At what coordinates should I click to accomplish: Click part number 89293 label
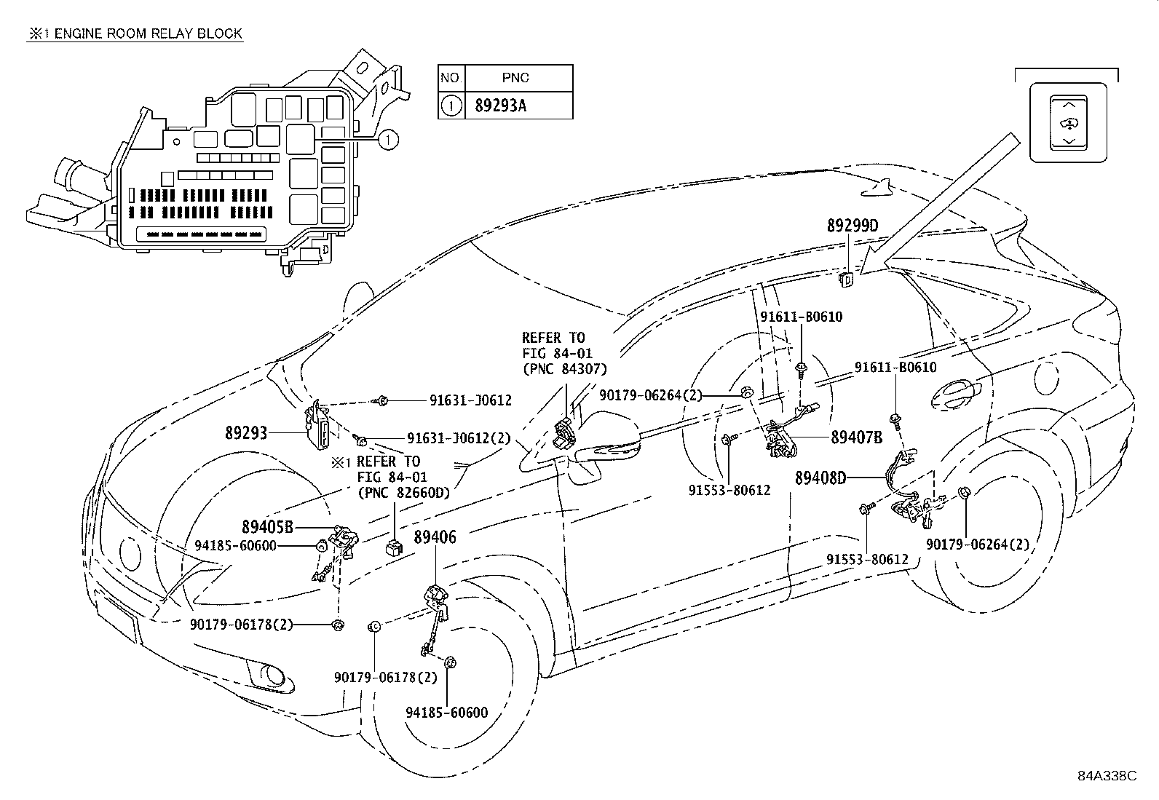245,432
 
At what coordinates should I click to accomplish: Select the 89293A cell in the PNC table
500,106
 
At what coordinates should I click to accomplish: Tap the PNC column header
515,78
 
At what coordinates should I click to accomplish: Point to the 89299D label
852,226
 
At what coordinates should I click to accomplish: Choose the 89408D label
820,478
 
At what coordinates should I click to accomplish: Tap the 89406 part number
435,538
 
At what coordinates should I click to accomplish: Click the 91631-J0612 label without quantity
470,400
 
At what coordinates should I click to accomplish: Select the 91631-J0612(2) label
459,438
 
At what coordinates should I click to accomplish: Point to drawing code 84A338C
1107,775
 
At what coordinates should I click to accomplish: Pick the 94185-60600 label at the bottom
446,713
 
